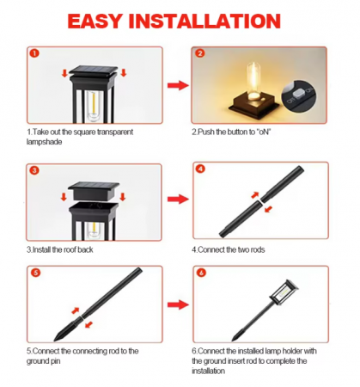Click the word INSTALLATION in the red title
pyautogui.click(x=204, y=21)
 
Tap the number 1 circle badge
pyautogui.click(x=34, y=53)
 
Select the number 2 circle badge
pyautogui.click(x=200, y=53)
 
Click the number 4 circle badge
pyautogui.click(x=200, y=169)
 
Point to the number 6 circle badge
pyautogui.click(x=201, y=273)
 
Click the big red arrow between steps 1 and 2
pyautogui.click(x=178, y=85)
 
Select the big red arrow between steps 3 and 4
pyautogui.click(x=178, y=200)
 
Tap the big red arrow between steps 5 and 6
pyautogui.click(x=178, y=304)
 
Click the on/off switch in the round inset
pyautogui.click(x=299, y=94)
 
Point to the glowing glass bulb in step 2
pyautogui.click(x=253, y=81)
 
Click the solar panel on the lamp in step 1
pyautogui.click(x=94, y=69)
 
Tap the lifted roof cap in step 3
pyautogui.click(x=94, y=190)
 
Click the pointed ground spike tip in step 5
pyautogui.click(x=56, y=340)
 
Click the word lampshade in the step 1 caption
pyautogui.click(x=44, y=142)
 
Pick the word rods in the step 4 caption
pyautogui.click(x=257, y=249)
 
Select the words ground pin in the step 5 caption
pyautogui.click(x=43, y=361)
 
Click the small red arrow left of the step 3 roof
pyautogui.click(x=64, y=197)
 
